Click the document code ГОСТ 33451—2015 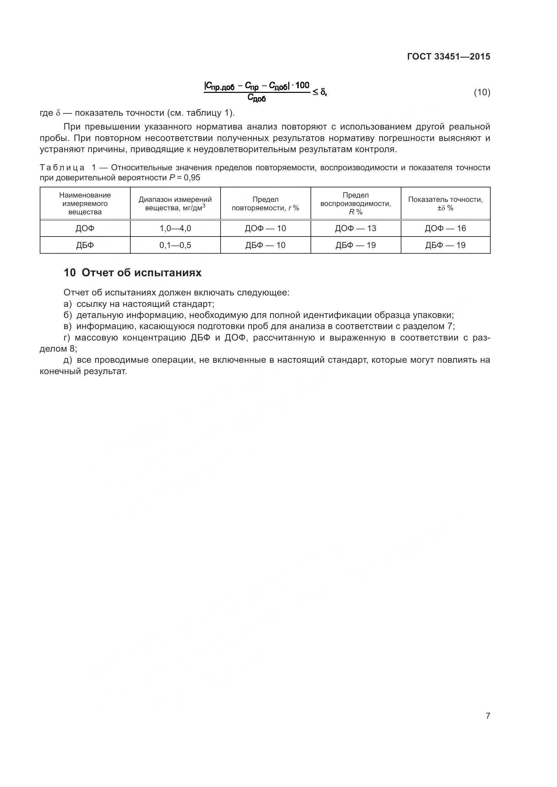click(448, 57)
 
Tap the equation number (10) click(482, 92)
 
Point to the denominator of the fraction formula click(256, 99)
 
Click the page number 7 click(488, 715)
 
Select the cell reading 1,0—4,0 click(175, 228)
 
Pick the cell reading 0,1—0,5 click(175, 245)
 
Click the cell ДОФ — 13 click(355, 228)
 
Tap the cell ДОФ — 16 click(445, 228)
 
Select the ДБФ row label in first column click(85, 245)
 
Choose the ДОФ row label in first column click(85, 228)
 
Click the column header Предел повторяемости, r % click(265, 204)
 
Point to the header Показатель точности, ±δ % click(445, 204)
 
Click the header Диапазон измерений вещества click(175, 204)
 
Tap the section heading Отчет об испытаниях click(142, 273)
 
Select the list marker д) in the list click(68, 360)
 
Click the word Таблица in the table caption click(62, 168)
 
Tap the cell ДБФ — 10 click(265, 245)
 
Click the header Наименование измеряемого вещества click(85, 204)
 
